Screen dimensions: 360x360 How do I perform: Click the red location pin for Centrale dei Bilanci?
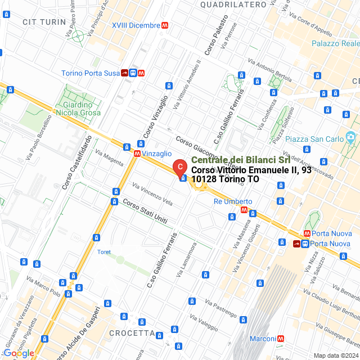(179, 167)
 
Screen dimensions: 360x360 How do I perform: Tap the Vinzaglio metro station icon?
(137, 153)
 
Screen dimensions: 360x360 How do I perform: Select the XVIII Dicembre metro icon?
(165, 25)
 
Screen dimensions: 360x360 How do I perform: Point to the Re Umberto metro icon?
(244, 210)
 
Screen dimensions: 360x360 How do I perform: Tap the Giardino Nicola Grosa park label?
(78, 109)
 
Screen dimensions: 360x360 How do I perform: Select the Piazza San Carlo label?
(314, 139)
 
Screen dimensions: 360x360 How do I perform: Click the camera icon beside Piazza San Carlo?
(350, 137)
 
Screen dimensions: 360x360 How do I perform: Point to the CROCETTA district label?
(132, 333)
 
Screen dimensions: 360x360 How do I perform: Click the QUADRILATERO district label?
(233, 4)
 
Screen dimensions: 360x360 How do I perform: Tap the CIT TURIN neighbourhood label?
(44, 21)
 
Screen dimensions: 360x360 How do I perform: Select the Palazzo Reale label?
(336, 43)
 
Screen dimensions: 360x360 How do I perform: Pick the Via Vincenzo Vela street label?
(152, 193)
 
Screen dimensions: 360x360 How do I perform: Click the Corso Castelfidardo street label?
(77, 162)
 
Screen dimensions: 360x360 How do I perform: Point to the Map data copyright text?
(335, 355)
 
